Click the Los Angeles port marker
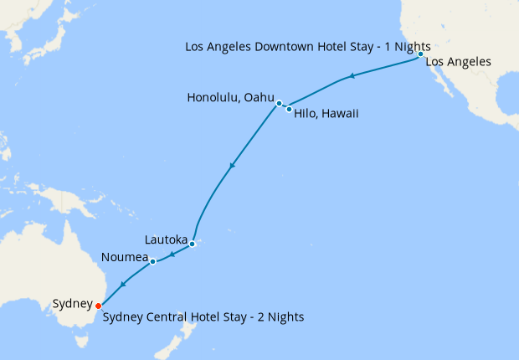(x=420, y=54)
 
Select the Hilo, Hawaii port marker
(x=290, y=109)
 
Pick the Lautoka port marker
(x=192, y=244)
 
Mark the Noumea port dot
(x=153, y=261)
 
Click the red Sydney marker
(x=99, y=306)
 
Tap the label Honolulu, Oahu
(x=230, y=98)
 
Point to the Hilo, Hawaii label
(x=326, y=113)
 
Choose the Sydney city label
(x=71, y=303)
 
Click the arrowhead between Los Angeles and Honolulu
(x=352, y=77)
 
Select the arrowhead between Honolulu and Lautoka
(x=232, y=165)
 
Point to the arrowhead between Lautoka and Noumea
(x=172, y=254)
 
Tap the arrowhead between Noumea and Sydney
(x=123, y=285)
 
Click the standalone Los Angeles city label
(x=458, y=62)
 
